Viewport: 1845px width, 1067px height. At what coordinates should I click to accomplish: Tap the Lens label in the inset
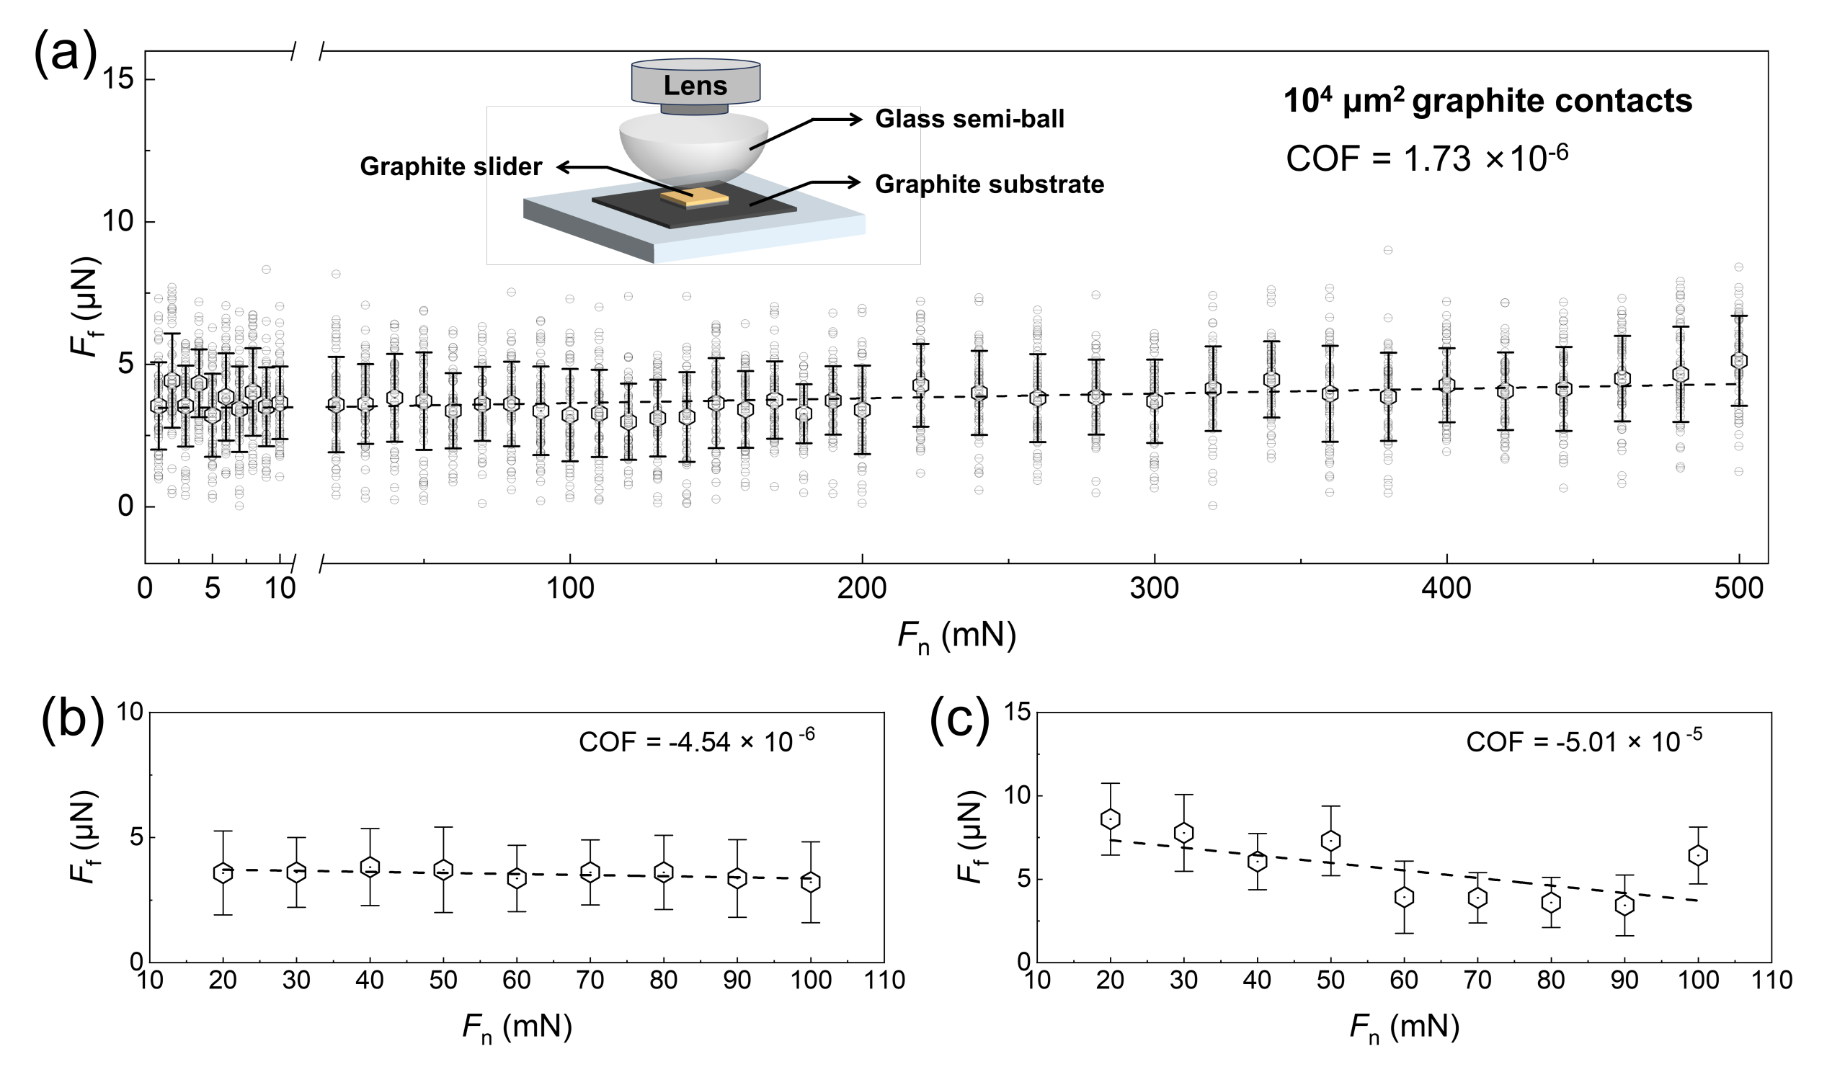[695, 86]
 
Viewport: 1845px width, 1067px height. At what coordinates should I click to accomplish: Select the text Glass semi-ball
[969, 120]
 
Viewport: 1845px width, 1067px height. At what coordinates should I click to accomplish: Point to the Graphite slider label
[451, 167]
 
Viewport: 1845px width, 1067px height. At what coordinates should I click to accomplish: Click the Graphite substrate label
[989, 184]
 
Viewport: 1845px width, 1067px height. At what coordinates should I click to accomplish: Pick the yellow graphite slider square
[695, 197]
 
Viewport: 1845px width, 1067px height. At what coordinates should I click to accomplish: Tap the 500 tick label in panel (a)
[1739, 589]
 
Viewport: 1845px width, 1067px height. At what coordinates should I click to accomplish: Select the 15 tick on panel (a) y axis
[118, 79]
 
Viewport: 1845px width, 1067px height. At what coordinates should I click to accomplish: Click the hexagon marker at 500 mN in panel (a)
[1739, 361]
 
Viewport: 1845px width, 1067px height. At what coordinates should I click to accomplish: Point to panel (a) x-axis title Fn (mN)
[956, 636]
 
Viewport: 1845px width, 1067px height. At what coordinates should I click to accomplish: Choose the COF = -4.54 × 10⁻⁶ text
[696, 741]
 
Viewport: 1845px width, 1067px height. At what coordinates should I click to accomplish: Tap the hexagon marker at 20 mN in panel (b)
[223, 873]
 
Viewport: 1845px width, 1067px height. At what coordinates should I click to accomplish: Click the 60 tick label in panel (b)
[516, 979]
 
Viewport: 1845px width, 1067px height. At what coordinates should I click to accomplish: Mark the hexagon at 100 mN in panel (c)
[1698, 854]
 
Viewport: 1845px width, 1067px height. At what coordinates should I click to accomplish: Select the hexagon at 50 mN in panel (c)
[1330, 841]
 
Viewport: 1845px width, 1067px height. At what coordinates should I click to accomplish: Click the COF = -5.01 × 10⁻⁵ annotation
[1583, 741]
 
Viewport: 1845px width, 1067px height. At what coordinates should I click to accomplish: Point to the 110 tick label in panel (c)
[1771, 979]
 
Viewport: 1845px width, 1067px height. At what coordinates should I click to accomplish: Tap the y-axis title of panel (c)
[972, 836]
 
